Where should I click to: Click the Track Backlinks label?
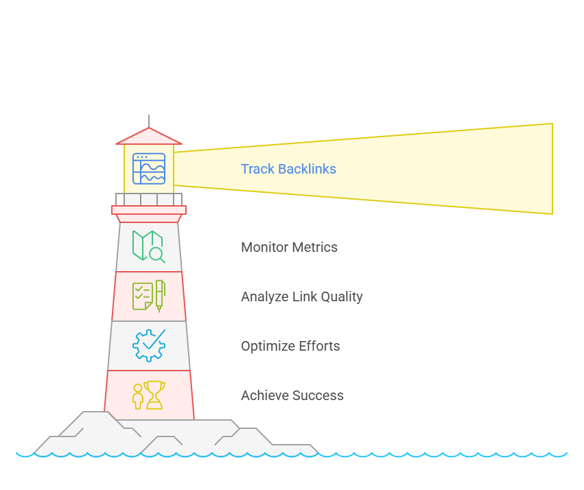point(288,169)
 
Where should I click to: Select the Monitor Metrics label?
point(289,247)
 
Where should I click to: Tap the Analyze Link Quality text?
point(301,296)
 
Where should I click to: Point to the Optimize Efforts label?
point(290,346)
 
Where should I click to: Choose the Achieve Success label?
point(292,395)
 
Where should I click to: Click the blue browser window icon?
point(149,169)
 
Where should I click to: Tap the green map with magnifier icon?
point(148,246)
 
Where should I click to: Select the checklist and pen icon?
point(148,296)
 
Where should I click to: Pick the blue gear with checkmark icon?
point(149,345)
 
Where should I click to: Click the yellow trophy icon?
point(154,395)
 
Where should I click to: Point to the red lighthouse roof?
point(149,137)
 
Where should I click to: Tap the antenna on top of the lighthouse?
point(149,121)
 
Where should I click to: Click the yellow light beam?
point(412,169)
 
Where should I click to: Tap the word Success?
point(318,395)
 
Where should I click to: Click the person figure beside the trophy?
point(138,397)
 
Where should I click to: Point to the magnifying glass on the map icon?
point(157,255)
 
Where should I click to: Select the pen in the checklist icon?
point(160,294)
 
